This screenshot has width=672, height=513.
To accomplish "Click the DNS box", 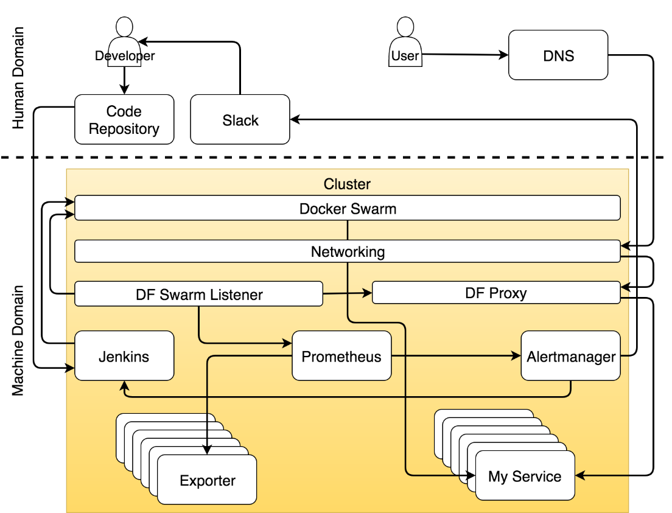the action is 558,55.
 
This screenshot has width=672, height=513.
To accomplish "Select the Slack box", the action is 240,119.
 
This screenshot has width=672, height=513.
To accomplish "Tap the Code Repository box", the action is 124,119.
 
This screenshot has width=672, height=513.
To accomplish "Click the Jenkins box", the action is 124,356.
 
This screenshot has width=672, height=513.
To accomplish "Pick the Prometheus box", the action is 341,356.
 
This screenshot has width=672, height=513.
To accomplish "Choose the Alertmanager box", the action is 571,356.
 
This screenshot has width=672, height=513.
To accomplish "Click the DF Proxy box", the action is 496,293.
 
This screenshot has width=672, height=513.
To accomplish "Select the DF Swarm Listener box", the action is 199,293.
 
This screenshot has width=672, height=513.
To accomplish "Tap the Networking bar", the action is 348,251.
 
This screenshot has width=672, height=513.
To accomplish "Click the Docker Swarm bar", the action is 348,208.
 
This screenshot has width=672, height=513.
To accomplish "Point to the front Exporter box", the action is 207,480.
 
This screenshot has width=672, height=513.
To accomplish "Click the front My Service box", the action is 525,475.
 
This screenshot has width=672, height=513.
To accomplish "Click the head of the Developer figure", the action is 124,27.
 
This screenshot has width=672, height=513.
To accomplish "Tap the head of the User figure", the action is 405,27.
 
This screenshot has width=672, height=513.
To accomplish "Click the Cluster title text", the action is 347,184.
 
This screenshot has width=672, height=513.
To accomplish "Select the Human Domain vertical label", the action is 18,77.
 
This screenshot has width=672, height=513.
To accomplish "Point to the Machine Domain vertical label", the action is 18,341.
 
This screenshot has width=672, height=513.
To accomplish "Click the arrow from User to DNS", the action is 465,54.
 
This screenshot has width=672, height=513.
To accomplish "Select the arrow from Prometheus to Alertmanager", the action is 456,356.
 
